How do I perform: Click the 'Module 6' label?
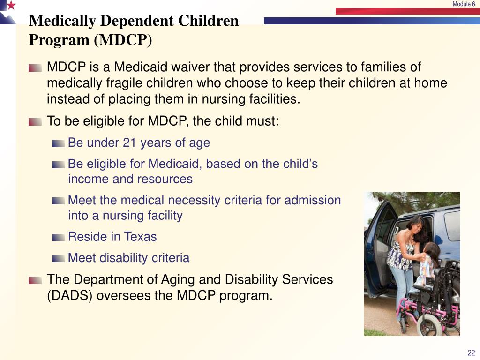tap(463, 4)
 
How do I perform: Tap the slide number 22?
tap(471, 353)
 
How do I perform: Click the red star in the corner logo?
tap(11, 6)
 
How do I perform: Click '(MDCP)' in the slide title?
tap(123, 40)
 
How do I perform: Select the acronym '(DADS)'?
tap(70, 296)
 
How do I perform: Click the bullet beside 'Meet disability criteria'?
tap(59, 258)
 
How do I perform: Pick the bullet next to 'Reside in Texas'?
tap(59, 237)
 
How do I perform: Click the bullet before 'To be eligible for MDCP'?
tap(35, 122)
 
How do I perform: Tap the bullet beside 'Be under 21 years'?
tap(59, 143)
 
